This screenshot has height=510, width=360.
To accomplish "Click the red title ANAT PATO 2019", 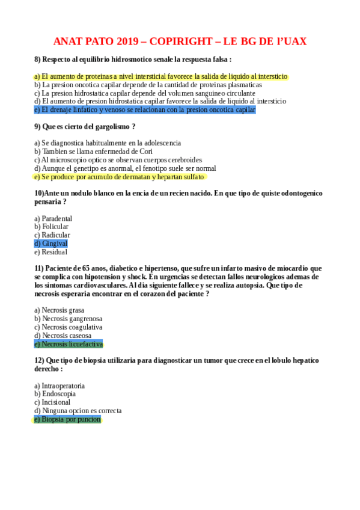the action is pyautogui.click(x=180, y=41).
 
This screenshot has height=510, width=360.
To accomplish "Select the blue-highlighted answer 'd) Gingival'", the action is pyautogui.click(x=51, y=244).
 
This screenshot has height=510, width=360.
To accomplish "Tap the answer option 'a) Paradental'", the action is pyautogui.click(x=53, y=218).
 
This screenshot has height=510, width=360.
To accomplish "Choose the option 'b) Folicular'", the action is pyautogui.click(x=52, y=227).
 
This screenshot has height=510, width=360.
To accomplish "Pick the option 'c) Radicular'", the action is pyautogui.click(x=52, y=235).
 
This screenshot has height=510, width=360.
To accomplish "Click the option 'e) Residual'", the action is pyautogui.click(x=50, y=252).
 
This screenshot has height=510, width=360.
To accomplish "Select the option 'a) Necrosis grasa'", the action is pyautogui.click(x=59, y=310).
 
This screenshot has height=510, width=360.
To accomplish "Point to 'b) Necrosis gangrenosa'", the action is pyautogui.click(x=68, y=318).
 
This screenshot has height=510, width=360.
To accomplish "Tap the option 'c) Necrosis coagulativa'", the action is pyautogui.click(x=69, y=327).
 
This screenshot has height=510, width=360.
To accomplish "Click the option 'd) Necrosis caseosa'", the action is pyautogui.click(x=63, y=335).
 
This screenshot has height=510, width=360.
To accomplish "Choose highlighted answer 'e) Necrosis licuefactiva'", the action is pyautogui.click(x=69, y=344).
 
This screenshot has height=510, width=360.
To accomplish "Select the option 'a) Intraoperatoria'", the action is pyautogui.click(x=59, y=385).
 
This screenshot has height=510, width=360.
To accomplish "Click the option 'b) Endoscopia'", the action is pyautogui.click(x=55, y=393).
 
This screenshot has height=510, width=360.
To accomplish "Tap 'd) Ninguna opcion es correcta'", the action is pyautogui.click(x=78, y=410).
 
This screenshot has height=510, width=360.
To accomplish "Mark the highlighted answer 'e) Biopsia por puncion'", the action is pyautogui.click(x=67, y=419).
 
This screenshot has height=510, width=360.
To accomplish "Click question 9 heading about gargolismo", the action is pyautogui.click(x=85, y=126).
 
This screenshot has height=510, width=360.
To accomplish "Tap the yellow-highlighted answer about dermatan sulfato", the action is pyautogui.click(x=120, y=177).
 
